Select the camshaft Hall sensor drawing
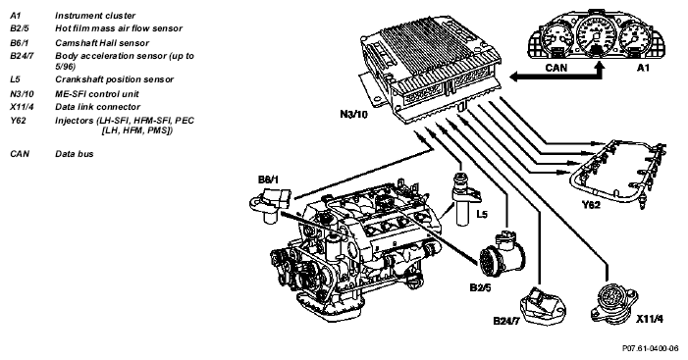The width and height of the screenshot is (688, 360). [270, 204]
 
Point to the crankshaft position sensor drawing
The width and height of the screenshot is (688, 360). [462, 198]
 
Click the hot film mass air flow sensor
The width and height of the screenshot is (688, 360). [502, 253]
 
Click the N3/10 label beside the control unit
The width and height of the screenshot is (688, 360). [353, 114]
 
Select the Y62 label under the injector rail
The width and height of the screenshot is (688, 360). [591, 204]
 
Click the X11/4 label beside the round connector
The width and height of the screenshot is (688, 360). [650, 319]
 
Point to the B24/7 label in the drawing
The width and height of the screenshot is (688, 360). [505, 321]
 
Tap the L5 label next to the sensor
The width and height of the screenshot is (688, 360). [482, 215]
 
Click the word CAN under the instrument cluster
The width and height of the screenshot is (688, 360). [556, 68]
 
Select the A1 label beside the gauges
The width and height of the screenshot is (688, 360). [643, 68]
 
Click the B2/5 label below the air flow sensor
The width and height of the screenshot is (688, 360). [480, 287]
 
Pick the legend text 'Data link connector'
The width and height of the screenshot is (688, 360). [97, 107]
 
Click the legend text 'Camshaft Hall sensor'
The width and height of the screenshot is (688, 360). [102, 43]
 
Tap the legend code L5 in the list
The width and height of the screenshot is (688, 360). [15, 79]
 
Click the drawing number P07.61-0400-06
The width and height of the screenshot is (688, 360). [650, 348]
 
